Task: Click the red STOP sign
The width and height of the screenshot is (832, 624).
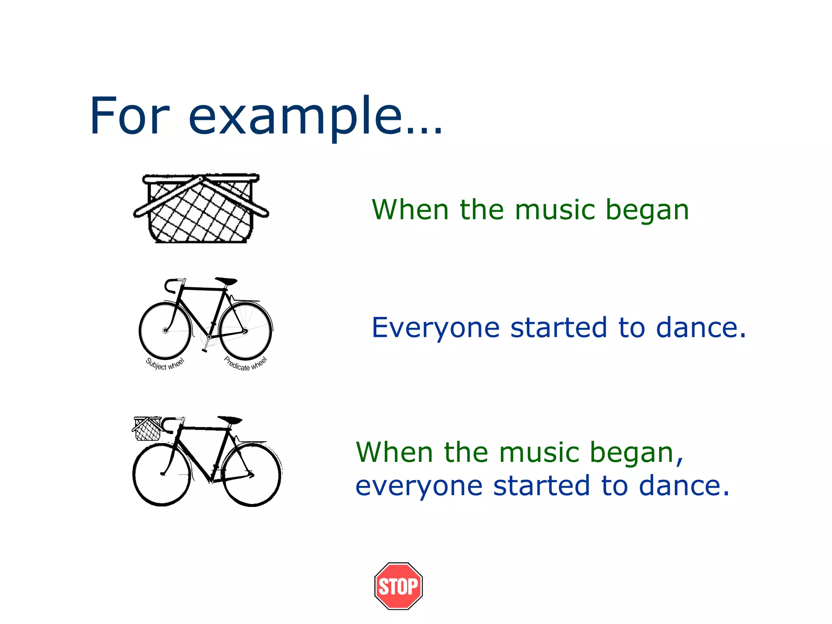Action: (x=398, y=586)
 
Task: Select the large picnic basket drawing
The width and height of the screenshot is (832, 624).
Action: (x=201, y=208)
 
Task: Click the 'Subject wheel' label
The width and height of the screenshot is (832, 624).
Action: (x=165, y=364)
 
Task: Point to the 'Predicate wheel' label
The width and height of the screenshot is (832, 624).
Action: (x=246, y=364)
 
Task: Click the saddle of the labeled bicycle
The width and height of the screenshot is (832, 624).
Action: (x=226, y=281)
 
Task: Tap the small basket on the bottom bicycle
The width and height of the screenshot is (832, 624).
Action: (x=147, y=429)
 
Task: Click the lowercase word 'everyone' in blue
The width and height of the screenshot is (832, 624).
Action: (x=419, y=486)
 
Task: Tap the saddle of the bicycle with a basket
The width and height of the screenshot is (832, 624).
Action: (x=230, y=420)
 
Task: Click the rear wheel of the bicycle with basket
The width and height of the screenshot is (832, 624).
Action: (x=252, y=474)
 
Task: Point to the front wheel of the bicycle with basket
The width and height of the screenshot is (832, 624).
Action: (x=162, y=474)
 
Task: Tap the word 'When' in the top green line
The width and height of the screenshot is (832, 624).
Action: (x=410, y=210)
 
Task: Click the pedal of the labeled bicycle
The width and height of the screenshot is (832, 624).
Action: (x=204, y=349)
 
